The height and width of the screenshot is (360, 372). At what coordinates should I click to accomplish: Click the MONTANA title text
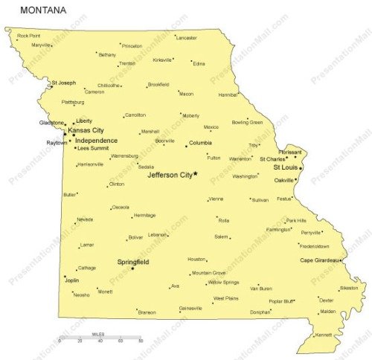click(x=43, y=10)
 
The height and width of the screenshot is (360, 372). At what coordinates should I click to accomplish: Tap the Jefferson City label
click(x=170, y=176)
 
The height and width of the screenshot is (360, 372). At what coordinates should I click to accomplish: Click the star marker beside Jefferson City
click(x=196, y=174)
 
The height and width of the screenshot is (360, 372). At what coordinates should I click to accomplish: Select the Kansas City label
click(x=86, y=130)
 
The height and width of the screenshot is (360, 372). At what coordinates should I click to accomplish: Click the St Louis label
click(x=286, y=168)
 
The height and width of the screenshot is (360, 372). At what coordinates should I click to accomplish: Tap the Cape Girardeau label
click(x=319, y=260)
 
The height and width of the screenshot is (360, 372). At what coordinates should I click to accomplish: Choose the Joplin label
click(x=72, y=281)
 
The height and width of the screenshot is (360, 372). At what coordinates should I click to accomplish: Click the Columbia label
click(x=199, y=143)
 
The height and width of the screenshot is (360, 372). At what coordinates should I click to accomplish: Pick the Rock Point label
click(x=28, y=35)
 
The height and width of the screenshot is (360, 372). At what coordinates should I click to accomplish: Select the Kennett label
click(x=323, y=335)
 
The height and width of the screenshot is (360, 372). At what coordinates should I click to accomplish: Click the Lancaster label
click(x=186, y=37)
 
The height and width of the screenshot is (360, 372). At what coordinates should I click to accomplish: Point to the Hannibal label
click(x=228, y=95)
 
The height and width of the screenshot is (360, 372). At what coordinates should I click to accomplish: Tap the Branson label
click(x=147, y=312)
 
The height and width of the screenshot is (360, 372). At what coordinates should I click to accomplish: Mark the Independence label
click(x=96, y=141)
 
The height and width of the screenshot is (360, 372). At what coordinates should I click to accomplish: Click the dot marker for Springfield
click(x=132, y=269)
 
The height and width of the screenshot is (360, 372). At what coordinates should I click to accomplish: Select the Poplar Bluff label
click(x=281, y=301)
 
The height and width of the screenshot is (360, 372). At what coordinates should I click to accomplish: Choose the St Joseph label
click(x=63, y=83)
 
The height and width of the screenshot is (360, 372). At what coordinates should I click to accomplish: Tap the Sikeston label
click(x=348, y=288)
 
